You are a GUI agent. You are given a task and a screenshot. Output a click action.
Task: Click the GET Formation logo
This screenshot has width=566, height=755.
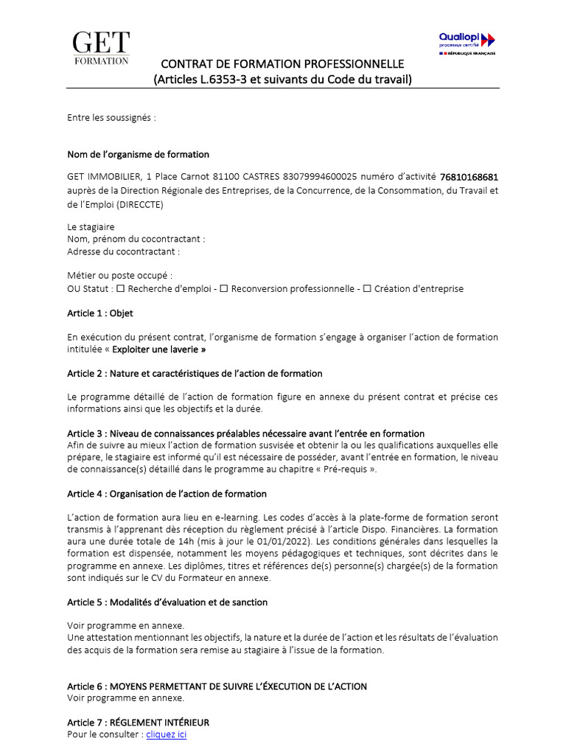(102, 48)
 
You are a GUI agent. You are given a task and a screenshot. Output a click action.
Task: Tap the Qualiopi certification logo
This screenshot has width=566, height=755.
(467, 43)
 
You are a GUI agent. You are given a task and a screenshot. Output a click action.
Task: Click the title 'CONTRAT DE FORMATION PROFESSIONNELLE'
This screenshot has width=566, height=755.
(282, 64)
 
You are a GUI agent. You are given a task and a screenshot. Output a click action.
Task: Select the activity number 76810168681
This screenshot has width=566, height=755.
(469, 177)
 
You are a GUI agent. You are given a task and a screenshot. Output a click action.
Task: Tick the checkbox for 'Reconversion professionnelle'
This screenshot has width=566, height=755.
(224, 289)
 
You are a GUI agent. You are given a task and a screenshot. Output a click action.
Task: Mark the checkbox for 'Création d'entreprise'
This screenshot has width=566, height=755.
(367, 289)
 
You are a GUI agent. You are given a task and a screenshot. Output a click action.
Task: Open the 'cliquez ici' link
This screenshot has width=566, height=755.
(167, 735)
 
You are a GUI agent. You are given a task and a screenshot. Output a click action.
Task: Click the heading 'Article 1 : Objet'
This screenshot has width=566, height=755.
(100, 313)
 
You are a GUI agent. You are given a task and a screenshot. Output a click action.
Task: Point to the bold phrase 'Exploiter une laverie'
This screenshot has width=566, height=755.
(158, 349)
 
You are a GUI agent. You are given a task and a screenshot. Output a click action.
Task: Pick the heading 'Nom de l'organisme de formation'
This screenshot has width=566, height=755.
(138, 155)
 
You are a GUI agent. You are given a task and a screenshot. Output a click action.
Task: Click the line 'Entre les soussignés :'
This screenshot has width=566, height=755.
(111, 117)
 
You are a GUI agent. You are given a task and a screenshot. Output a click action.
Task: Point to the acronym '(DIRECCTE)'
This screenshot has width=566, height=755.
(139, 204)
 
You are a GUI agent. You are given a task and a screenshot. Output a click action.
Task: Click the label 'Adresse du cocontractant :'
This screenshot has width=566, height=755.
(123, 251)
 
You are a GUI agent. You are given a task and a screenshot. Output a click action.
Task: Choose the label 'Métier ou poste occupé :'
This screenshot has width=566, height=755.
(119, 276)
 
